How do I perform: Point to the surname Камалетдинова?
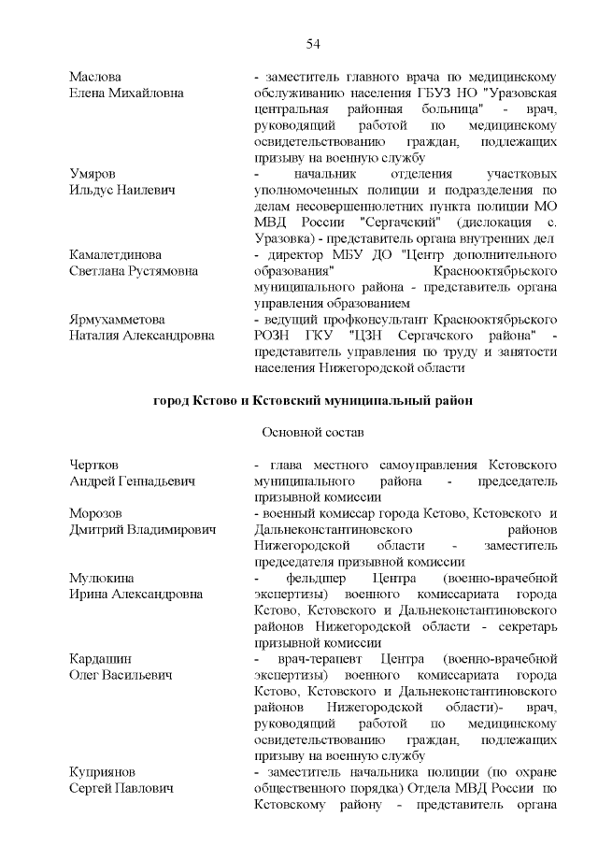(x=115, y=254)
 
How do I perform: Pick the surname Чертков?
(x=95, y=465)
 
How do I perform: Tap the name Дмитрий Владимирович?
(x=141, y=529)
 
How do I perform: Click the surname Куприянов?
(x=103, y=772)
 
